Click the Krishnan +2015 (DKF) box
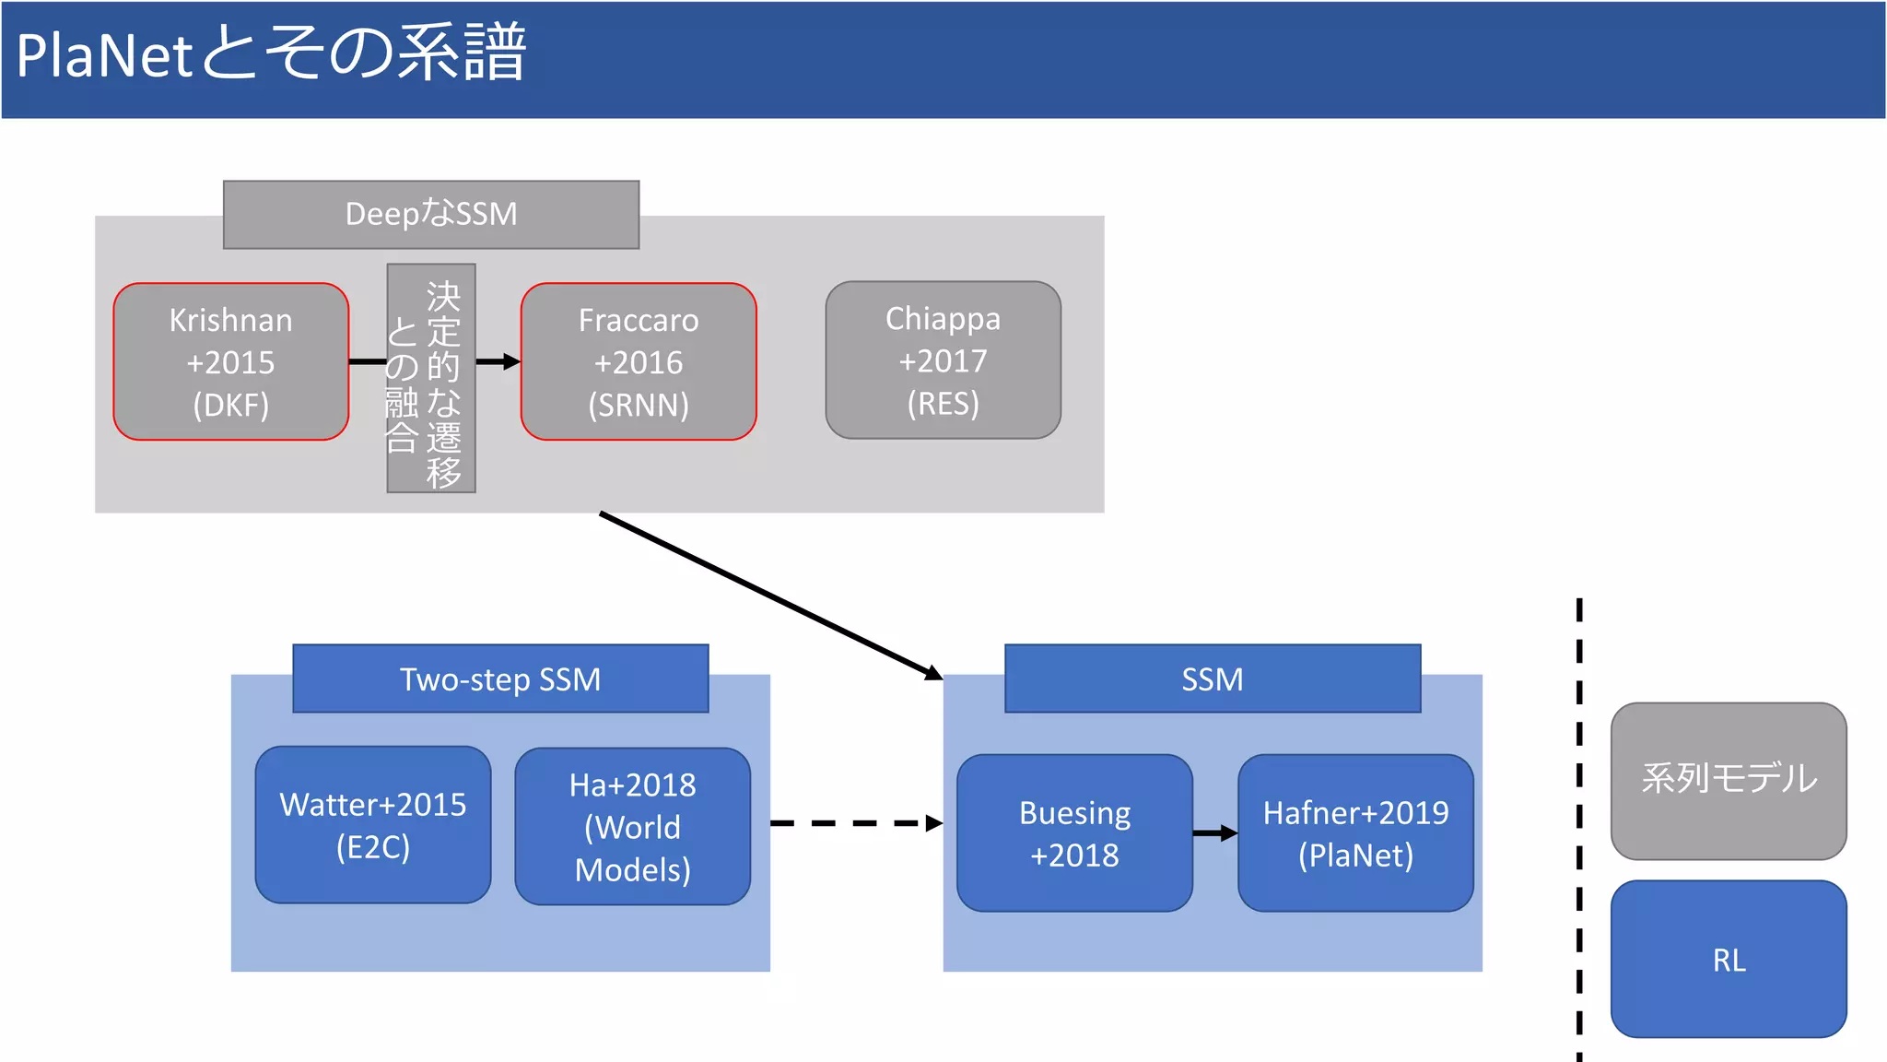[230, 361]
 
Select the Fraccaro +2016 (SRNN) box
[639, 361]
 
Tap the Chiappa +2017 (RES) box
[943, 360]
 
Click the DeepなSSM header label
[430, 214]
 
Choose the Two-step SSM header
[500, 679]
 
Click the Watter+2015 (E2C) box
[373, 825]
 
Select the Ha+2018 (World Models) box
[633, 827]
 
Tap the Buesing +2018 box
[1074, 833]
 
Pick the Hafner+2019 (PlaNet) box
[1355, 833]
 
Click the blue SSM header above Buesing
[1213, 679]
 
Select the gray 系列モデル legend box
[1729, 781]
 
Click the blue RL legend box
[1729, 960]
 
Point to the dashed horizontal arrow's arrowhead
[933, 823]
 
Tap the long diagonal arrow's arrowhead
[932, 673]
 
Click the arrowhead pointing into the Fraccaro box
[511, 362]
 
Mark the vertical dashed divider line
[1579, 830]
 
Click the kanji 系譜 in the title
[462, 53]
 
